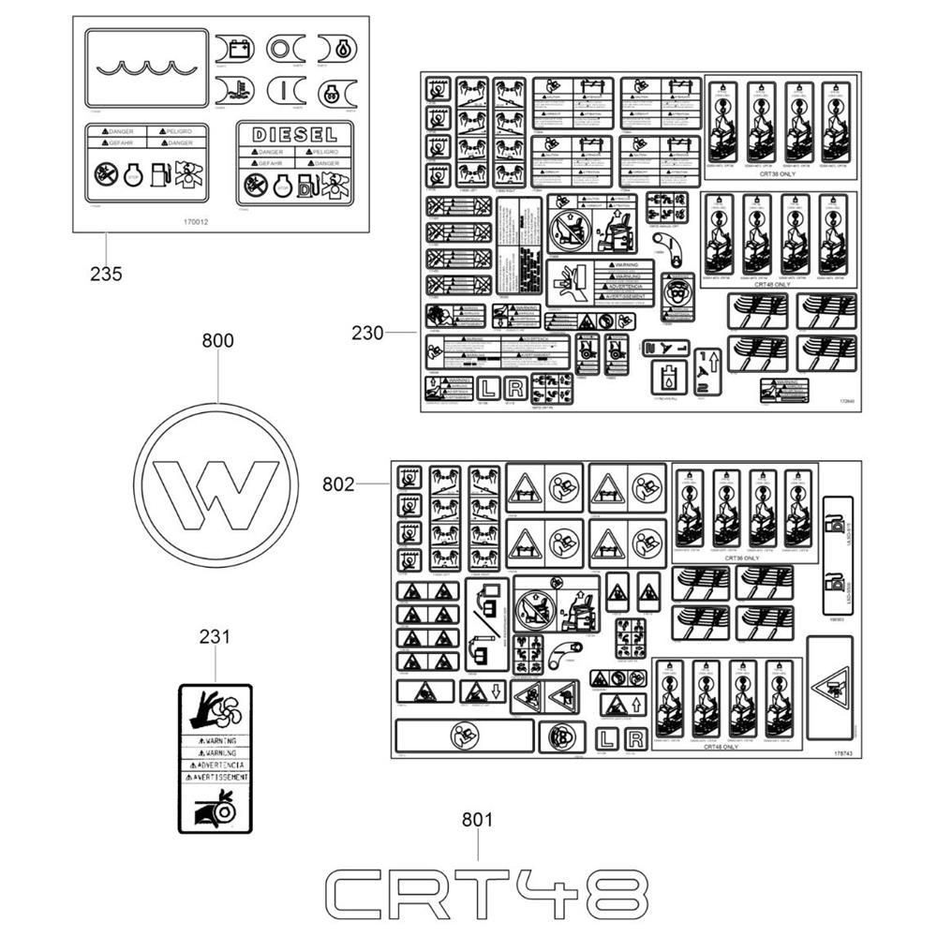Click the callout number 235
click(106, 274)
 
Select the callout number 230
click(368, 333)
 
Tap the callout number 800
click(217, 341)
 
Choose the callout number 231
click(215, 637)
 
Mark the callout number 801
click(477, 820)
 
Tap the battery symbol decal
click(234, 47)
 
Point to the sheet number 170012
click(197, 223)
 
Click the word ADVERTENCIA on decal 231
click(216, 765)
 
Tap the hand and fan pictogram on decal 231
click(216, 711)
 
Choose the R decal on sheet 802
click(634, 739)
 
